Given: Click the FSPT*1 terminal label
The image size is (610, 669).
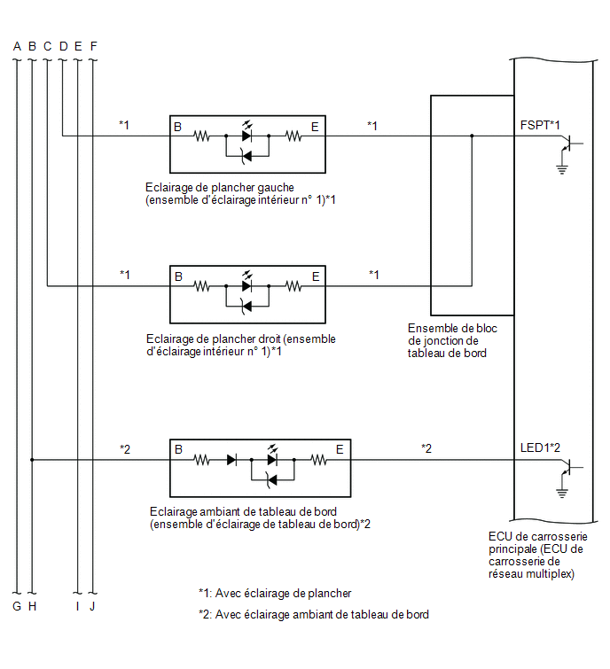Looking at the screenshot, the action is (540, 125).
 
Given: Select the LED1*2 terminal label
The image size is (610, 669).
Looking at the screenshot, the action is (540, 447).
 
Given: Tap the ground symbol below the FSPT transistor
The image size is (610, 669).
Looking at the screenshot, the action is (562, 169).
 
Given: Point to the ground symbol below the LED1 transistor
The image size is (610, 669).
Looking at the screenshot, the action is (562, 493).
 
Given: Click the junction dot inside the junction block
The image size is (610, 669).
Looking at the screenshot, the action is (472, 136).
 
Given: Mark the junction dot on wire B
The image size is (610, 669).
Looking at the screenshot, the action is (32, 460).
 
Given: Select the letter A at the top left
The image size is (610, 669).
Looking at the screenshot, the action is (17, 46).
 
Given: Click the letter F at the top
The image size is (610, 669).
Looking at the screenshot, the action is (93, 46).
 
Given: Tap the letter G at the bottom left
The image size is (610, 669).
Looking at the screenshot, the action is (17, 606).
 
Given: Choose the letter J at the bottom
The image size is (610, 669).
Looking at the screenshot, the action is (92, 606).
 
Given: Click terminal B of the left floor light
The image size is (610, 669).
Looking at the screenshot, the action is (178, 127).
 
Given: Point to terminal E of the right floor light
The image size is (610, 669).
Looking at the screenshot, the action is (316, 276).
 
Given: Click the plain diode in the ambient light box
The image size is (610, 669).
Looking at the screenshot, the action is (231, 460).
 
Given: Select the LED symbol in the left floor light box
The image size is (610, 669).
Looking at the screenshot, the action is (247, 133).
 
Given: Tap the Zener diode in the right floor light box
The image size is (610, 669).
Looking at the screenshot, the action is (246, 307).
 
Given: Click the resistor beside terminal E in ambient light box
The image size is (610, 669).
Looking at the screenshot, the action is (318, 460).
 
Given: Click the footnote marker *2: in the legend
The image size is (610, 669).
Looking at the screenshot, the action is (206, 614).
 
